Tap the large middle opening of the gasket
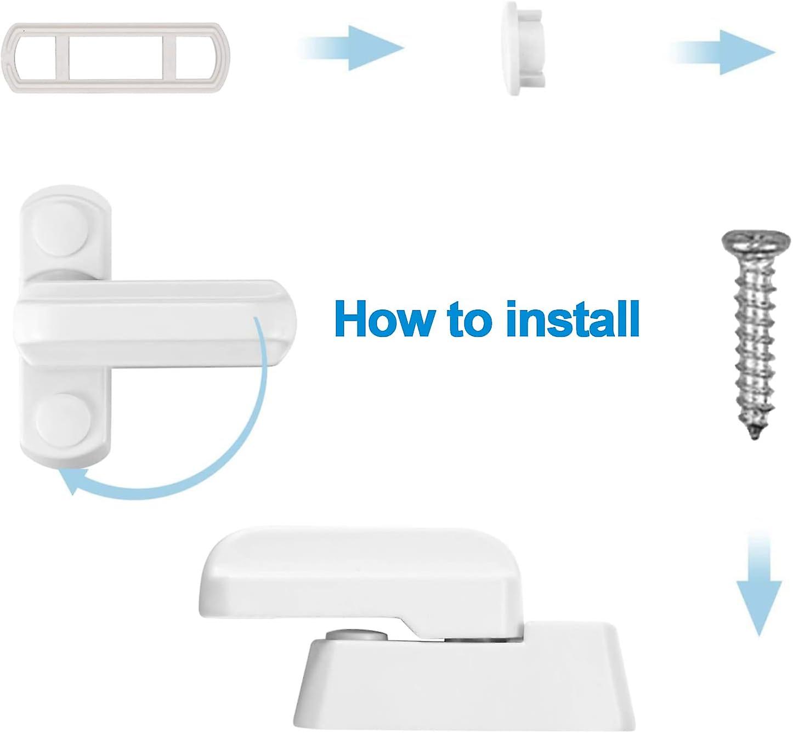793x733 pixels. pos(116,56)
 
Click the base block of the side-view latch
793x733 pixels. pos(466,680)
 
